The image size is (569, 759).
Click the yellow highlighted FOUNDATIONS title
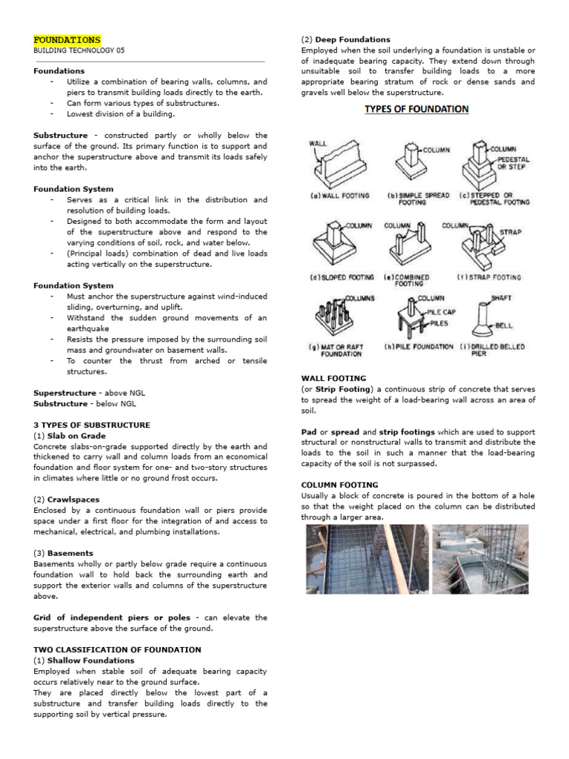(x=67, y=39)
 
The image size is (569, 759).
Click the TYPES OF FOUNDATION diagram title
(x=416, y=109)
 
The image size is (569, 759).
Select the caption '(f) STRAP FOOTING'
(x=489, y=277)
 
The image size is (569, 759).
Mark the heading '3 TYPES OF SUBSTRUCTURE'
(x=92, y=425)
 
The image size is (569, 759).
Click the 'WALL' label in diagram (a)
(x=318, y=144)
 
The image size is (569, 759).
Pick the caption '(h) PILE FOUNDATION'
(x=419, y=347)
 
